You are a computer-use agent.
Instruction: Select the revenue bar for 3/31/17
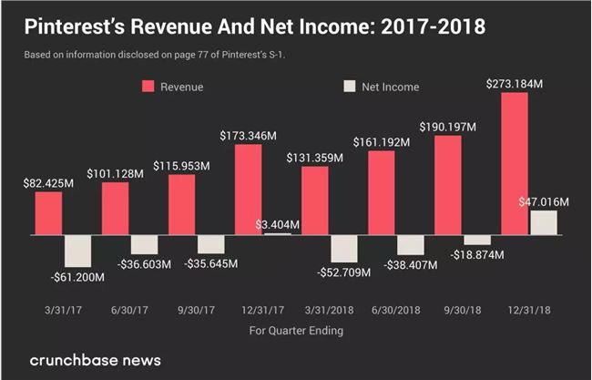49,212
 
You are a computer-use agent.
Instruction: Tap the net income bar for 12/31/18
544,222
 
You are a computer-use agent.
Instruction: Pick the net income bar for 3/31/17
77,251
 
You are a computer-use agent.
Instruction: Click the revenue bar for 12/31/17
249,189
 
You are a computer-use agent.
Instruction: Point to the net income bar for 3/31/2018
343,248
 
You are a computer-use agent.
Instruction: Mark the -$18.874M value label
477,257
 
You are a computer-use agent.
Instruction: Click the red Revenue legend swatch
148,87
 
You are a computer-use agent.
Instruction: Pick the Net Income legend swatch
350,87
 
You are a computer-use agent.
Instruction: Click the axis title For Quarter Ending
296,330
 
